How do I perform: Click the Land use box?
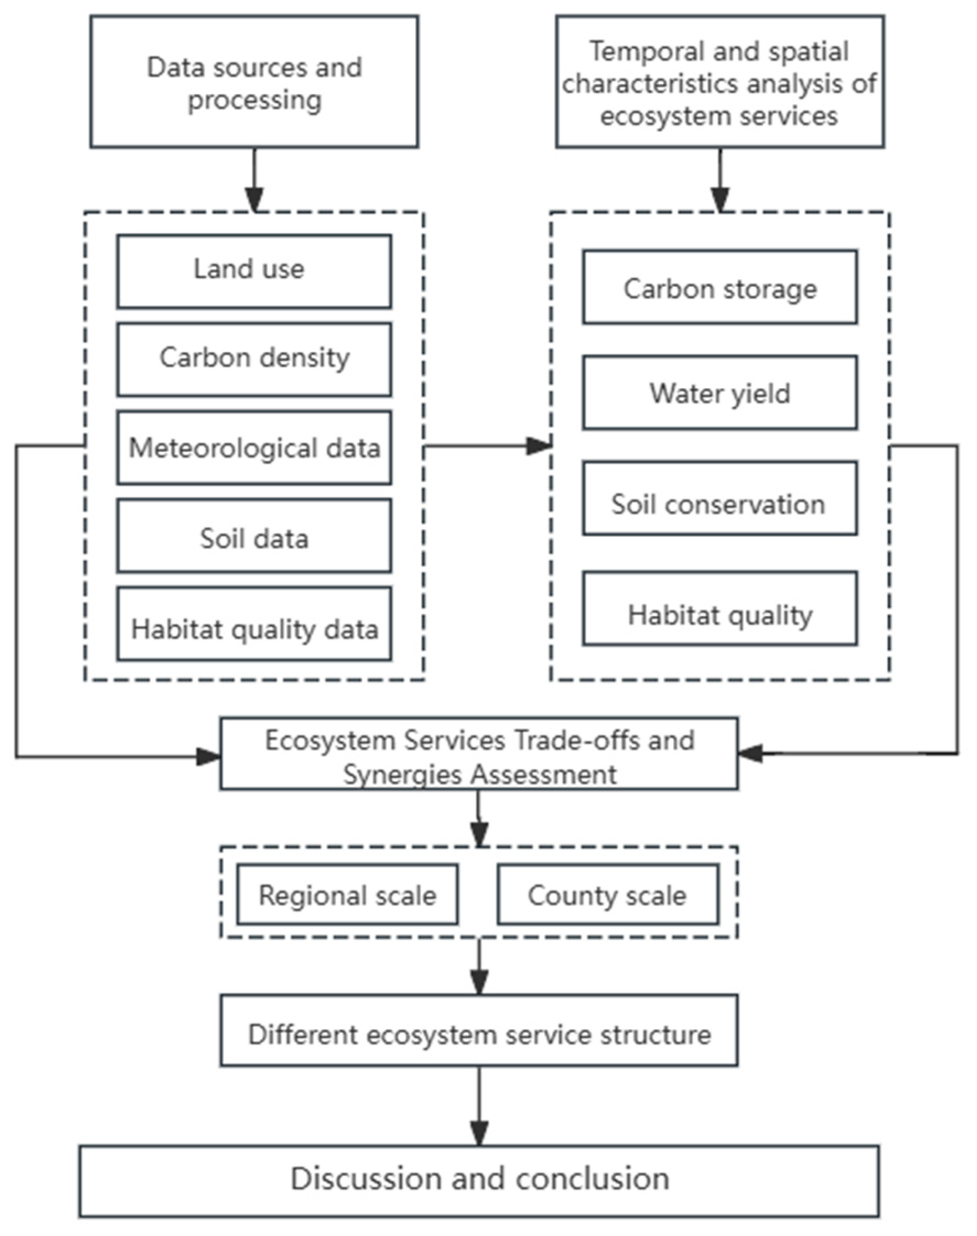pyautogui.click(x=253, y=271)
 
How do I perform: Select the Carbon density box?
pyautogui.click(x=253, y=359)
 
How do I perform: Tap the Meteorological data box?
pyautogui.click(x=253, y=447)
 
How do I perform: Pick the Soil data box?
pyautogui.click(x=253, y=536)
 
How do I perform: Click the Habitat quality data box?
pyautogui.click(x=253, y=624)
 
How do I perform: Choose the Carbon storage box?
pyautogui.click(x=719, y=287)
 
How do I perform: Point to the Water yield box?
pyautogui.click(x=719, y=392)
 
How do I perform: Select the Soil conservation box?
pyautogui.click(x=719, y=498)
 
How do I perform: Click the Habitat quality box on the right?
pyautogui.click(x=719, y=609)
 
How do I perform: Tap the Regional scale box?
pyautogui.click(x=347, y=895)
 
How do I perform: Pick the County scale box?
pyautogui.click(x=608, y=895)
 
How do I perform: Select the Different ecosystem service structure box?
pyautogui.click(x=479, y=1035)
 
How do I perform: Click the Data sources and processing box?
pyautogui.click(x=254, y=81)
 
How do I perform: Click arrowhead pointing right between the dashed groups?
pyautogui.click(x=538, y=446)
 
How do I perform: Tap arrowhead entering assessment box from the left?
pyautogui.click(x=208, y=756)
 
